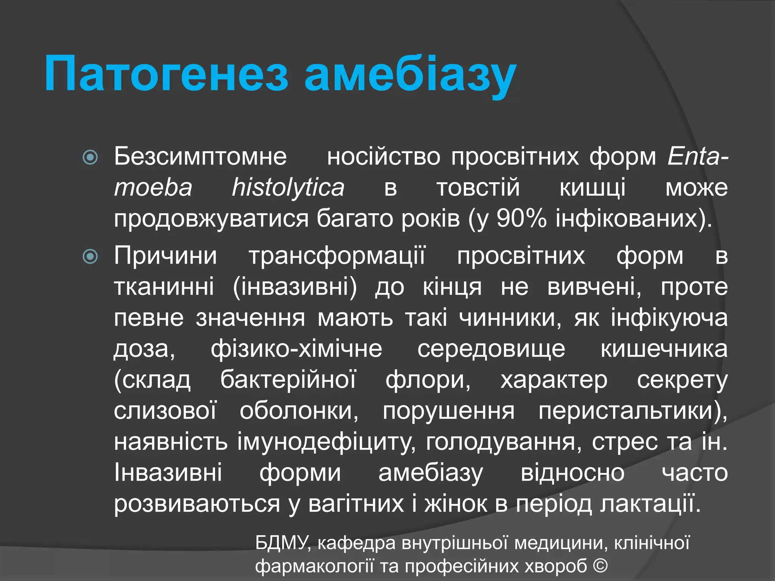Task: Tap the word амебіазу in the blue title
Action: click(x=410, y=74)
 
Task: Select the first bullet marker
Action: click(x=90, y=157)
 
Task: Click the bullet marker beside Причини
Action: click(x=90, y=257)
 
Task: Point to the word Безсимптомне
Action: click(x=200, y=156)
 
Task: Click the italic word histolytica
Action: click(x=288, y=188)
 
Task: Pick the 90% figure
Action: click(x=521, y=219)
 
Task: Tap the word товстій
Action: click(x=478, y=188)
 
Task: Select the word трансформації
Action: click(x=337, y=256)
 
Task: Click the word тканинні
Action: click(x=164, y=287)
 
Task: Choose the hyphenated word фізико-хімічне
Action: click(x=296, y=349)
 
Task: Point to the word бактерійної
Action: click(x=288, y=380)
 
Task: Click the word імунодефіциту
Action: click(x=326, y=442)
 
